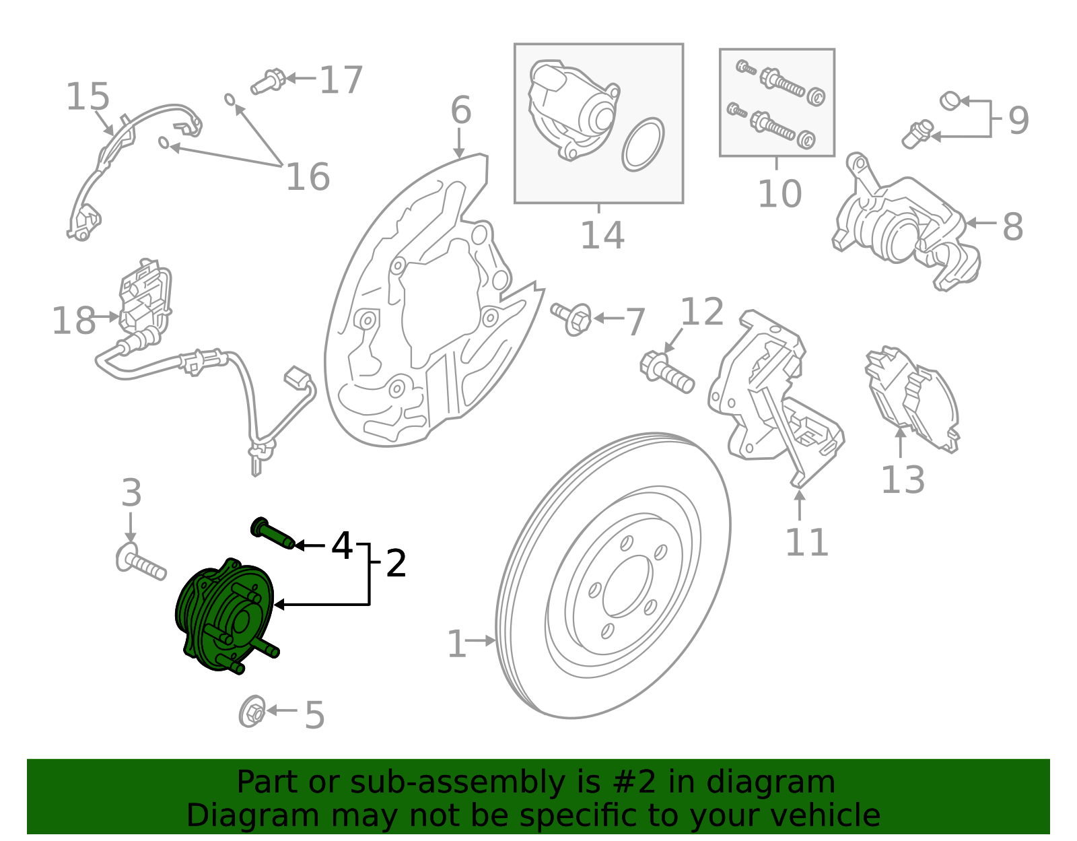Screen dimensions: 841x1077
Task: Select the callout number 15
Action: click(x=88, y=97)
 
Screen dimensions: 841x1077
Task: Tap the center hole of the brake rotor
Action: click(x=627, y=586)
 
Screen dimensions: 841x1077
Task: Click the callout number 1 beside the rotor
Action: click(x=456, y=644)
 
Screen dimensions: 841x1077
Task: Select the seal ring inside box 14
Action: click(x=643, y=144)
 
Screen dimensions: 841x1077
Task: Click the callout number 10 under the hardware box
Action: click(x=779, y=194)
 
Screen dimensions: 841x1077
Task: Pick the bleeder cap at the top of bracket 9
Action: click(x=950, y=101)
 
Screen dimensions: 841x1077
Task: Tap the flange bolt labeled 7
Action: click(x=573, y=318)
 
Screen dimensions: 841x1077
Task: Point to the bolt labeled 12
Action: click(x=666, y=372)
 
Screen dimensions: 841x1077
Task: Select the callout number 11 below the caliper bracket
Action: click(x=806, y=543)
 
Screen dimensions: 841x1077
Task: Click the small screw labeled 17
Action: click(x=269, y=81)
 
